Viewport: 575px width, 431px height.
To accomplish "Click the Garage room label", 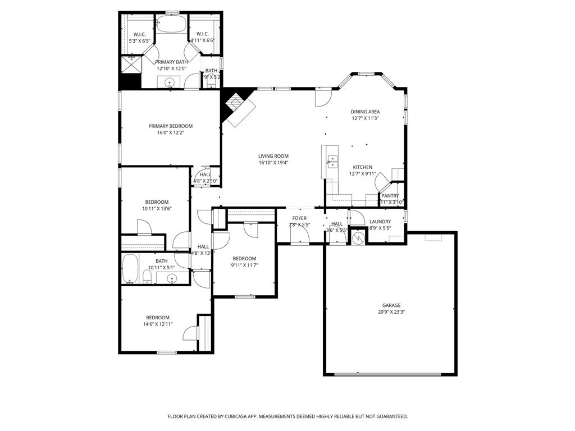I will [x=391, y=305].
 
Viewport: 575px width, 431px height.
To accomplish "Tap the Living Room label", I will [x=273, y=156].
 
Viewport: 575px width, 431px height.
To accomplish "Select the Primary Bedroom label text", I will [x=170, y=126].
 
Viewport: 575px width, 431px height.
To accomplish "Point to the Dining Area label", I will [x=365, y=112].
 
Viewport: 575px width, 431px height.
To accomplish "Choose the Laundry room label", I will [x=380, y=222].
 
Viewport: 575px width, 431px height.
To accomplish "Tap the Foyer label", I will [x=299, y=218].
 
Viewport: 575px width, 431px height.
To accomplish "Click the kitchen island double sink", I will [x=332, y=162].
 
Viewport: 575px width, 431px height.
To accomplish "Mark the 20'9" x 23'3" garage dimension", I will [x=391, y=312].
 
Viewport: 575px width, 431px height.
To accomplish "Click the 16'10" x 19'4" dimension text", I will [x=273, y=163].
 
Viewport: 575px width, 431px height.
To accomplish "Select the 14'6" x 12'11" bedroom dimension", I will [x=157, y=324].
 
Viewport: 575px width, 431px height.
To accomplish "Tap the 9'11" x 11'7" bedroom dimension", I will [x=244, y=265].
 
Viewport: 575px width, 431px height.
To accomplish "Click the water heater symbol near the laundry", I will [x=358, y=238].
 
